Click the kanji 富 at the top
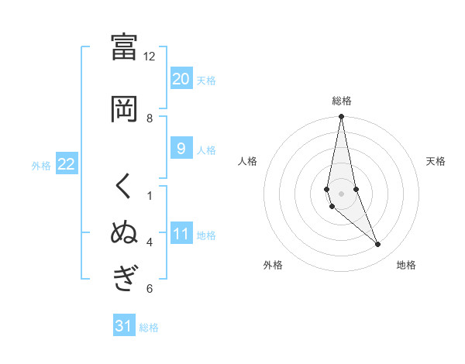pyautogui.click(x=125, y=46)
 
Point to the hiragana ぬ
pyautogui.click(x=125, y=233)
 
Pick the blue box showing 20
pyautogui.click(x=181, y=79)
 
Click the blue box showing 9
pyautogui.click(x=181, y=149)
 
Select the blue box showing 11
pyautogui.click(x=181, y=234)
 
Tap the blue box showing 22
pyautogui.click(x=66, y=164)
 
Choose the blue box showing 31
pyautogui.click(x=124, y=326)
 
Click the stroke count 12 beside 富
pyautogui.click(x=150, y=56)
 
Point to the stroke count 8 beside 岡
pyautogui.click(x=150, y=118)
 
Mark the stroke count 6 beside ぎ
pyautogui.click(x=150, y=289)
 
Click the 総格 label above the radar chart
pyautogui.click(x=342, y=101)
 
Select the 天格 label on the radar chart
pyautogui.click(x=436, y=161)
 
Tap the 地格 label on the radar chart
pyautogui.click(x=406, y=265)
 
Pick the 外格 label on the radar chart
pyautogui.click(x=273, y=265)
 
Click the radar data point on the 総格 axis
pyautogui.click(x=342, y=116)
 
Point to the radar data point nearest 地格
pyautogui.click(x=378, y=245)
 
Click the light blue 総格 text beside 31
pyautogui.click(x=149, y=328)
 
